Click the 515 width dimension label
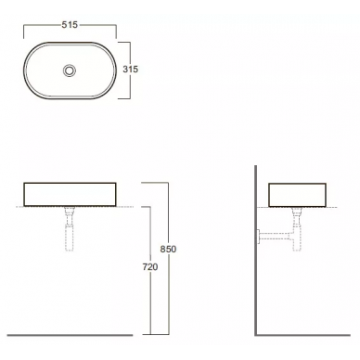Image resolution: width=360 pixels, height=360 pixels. pos(70,25)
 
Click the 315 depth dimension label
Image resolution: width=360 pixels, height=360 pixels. pos(130,69)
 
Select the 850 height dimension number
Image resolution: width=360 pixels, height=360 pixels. pos(168,249)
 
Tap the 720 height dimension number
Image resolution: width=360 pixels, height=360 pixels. pos(150,266)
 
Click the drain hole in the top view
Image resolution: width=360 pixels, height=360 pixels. pos(70,71)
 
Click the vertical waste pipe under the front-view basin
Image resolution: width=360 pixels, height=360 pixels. pos(69,229)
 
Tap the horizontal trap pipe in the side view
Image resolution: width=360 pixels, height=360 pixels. pos(276,237)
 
